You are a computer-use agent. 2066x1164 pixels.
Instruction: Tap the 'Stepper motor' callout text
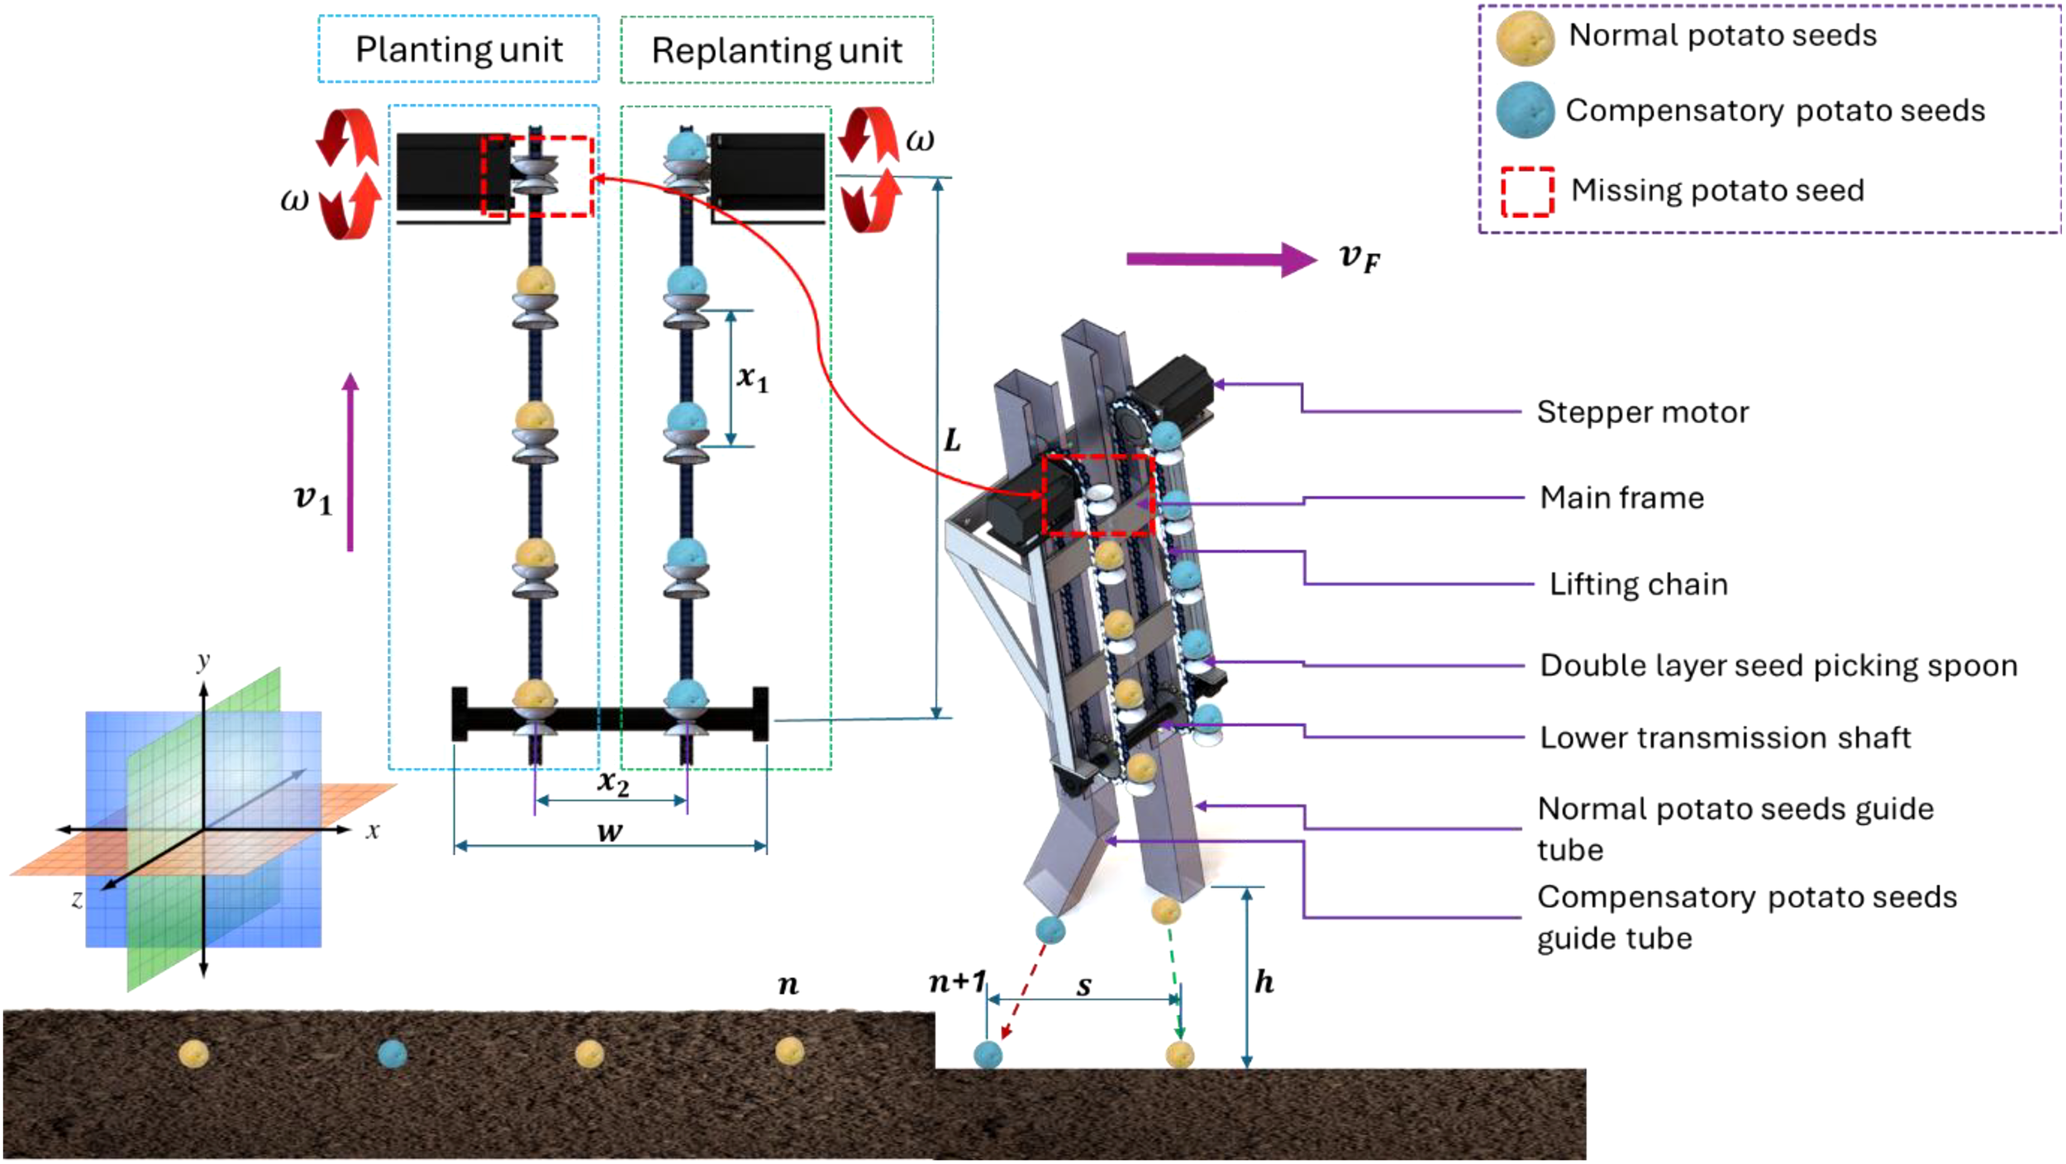click(1642, 412)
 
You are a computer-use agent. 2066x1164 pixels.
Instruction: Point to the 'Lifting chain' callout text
click(1638, 584)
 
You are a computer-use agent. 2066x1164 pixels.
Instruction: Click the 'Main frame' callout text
click(1621, 497)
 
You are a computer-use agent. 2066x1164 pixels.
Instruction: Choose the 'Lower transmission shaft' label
click(1725, 737)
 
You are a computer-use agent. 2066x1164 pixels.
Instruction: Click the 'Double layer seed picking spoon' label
click(1778, 665)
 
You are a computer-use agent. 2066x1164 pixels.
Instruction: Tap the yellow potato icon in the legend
click(1526, 38)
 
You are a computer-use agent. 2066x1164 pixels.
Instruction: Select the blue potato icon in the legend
click(1526, 109)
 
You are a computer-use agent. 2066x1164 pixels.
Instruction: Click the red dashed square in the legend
click(1527, 192)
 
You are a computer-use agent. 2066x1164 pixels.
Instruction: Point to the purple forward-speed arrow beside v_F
click(1221, 259)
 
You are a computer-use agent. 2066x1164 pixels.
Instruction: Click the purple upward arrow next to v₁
click(350, 462)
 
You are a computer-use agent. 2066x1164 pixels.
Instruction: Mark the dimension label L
click(952, 440)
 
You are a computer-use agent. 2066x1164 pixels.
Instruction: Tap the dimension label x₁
click(752, 378)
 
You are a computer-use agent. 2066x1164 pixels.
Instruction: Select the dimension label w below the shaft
click(610, 831)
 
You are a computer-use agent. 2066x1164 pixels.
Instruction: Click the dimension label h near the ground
click(1264, 981)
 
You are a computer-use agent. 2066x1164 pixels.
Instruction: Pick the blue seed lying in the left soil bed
click(392, 1053)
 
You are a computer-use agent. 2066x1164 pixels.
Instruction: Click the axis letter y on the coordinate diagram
click(203, 662)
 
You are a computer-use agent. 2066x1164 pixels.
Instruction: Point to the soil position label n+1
click(957, 982)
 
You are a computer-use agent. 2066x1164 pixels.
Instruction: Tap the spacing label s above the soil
click(1083, 985)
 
